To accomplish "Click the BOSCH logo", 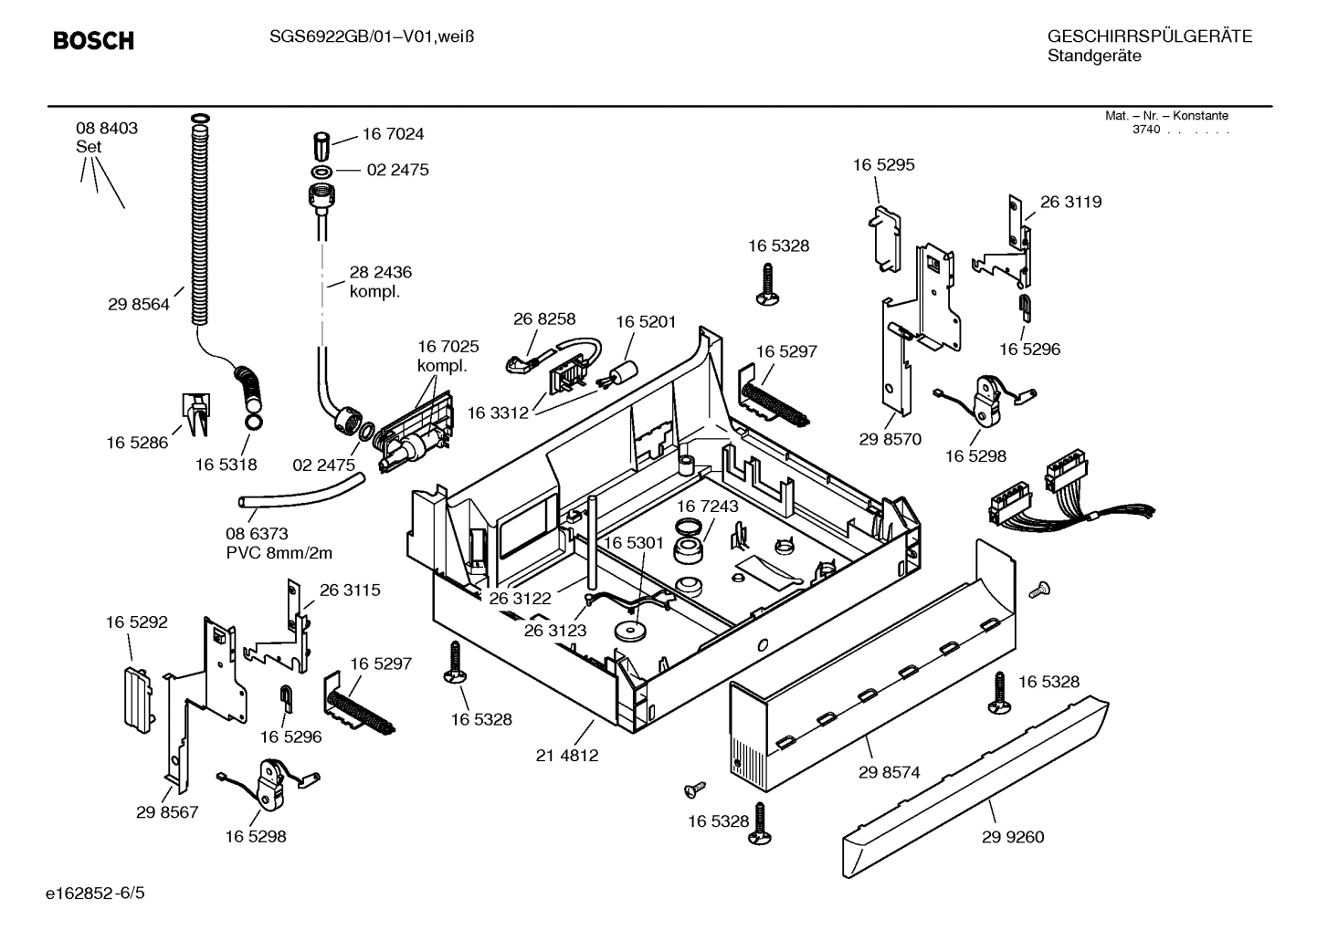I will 93,41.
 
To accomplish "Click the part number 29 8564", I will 139,305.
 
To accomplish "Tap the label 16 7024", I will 393,134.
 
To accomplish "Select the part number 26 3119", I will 1070,203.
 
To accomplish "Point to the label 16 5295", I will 883,165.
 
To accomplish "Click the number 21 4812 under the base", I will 566,756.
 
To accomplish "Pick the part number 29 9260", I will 1013,837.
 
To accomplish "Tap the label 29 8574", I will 889,772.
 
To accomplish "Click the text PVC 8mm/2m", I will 279,553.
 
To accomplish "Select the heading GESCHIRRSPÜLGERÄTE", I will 1149,37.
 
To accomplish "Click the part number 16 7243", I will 708,506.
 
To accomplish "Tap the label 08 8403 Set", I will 107,137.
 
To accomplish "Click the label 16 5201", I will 646,322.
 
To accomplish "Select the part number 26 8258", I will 544,319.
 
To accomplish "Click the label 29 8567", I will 167,812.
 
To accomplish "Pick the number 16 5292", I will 137,622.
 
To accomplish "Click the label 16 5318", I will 226,465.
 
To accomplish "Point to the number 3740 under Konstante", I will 1145,130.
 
